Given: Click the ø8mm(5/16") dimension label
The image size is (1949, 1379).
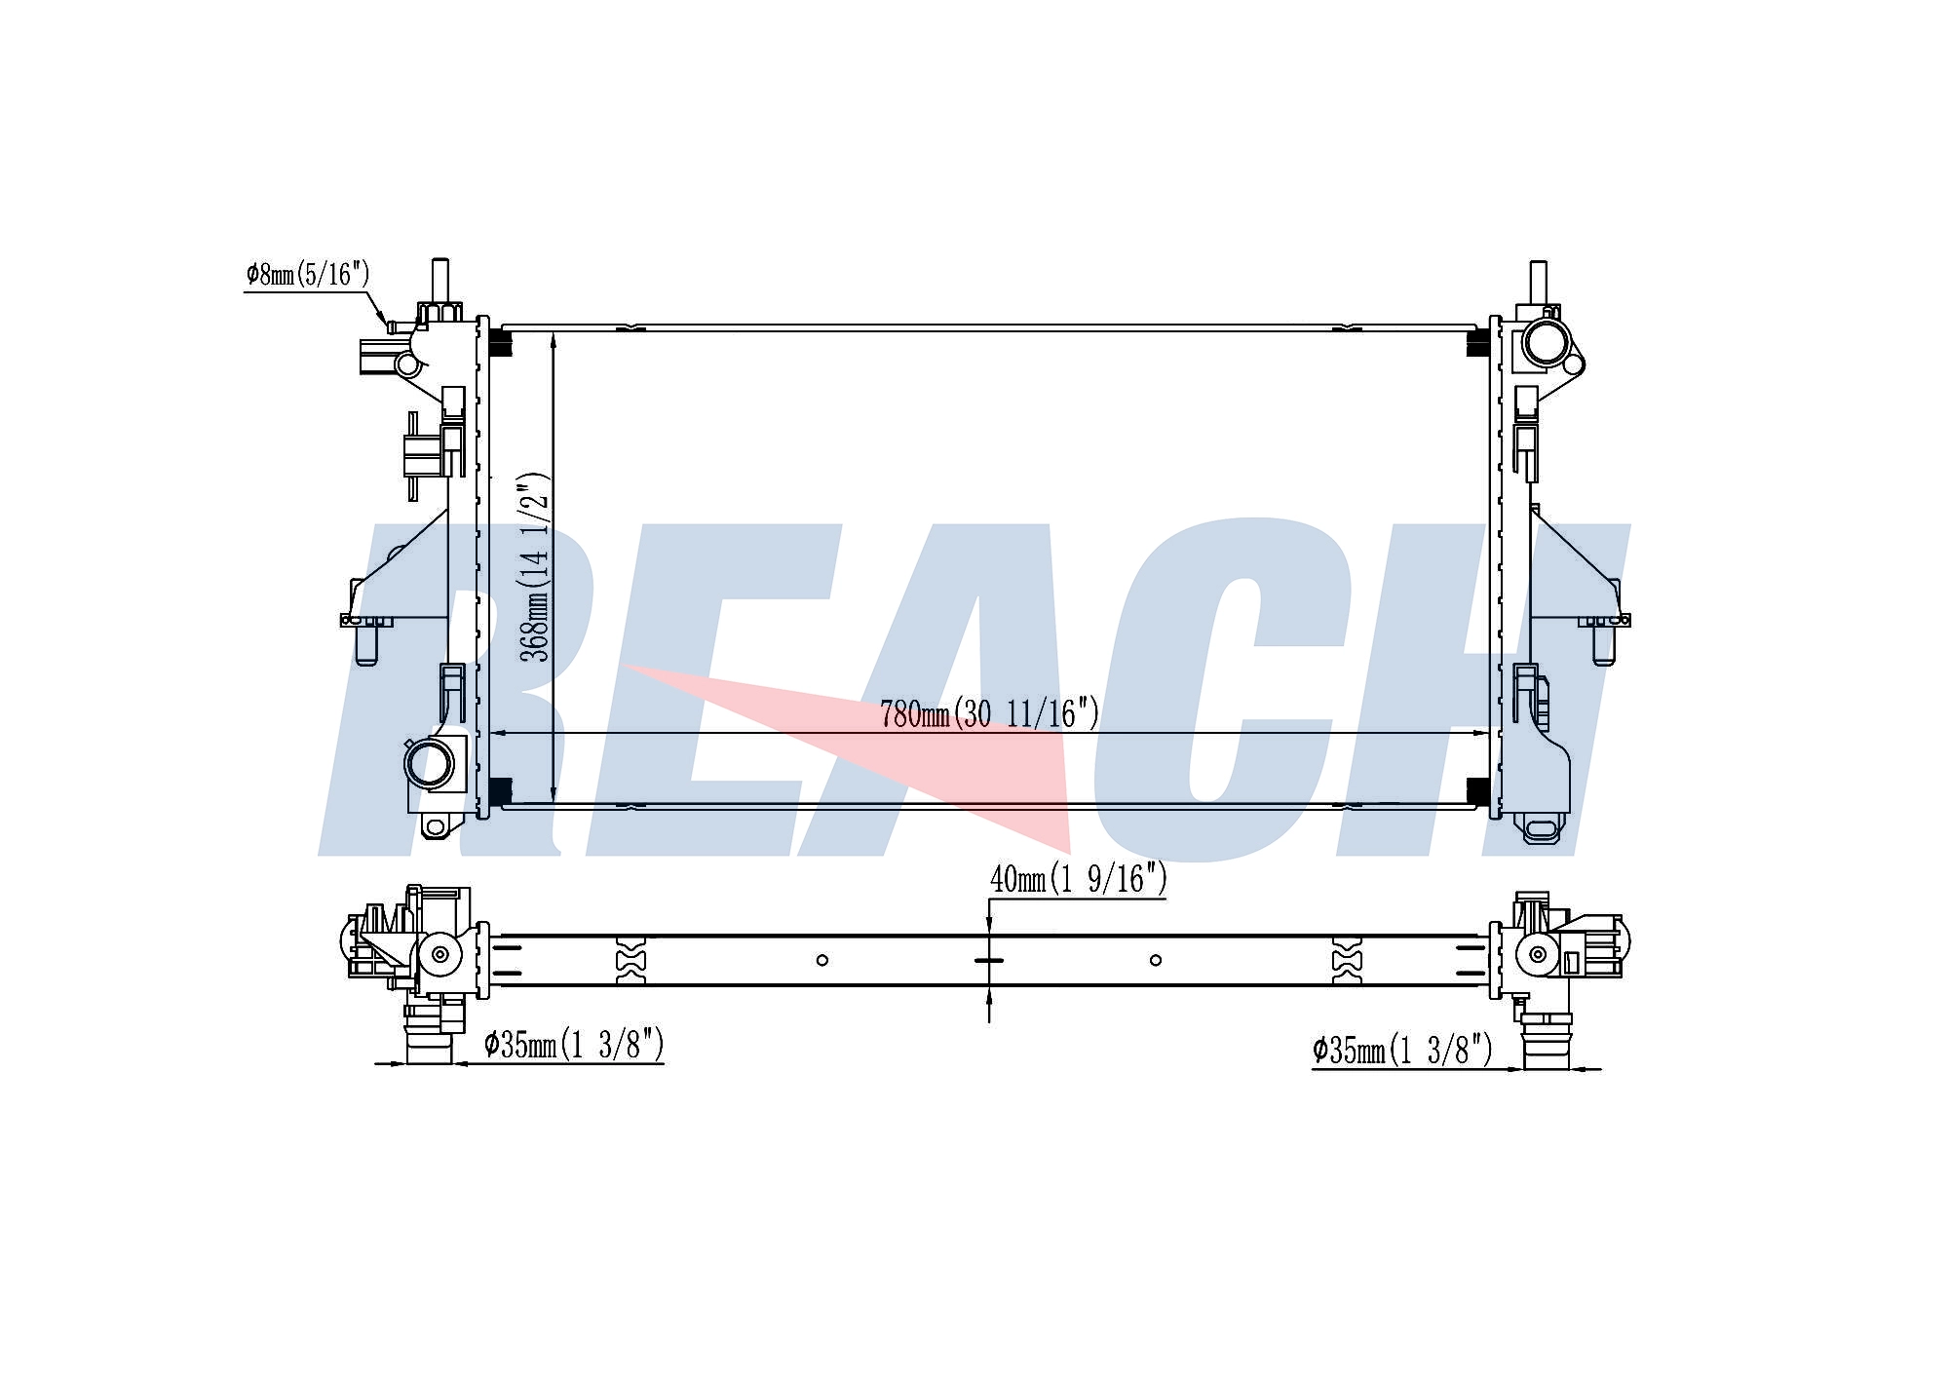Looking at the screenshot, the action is [x=308, y=275].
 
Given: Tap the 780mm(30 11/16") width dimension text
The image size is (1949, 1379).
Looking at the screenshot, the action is [x=989, y=713].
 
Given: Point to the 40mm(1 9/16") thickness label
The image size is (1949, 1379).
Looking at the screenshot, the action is [x=1078, y=879].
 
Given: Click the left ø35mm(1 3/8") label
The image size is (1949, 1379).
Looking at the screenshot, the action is [x=574, y=1045].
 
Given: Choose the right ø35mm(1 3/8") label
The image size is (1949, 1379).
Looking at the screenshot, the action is [x=1402, y=1050].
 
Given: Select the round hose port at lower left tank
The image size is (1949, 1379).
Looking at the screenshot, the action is [x=430, y=763].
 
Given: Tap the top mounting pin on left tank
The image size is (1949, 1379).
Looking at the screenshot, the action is [x=439, y=283].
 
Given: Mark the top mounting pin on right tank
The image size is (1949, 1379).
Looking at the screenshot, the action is [x=1539, y=285].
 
